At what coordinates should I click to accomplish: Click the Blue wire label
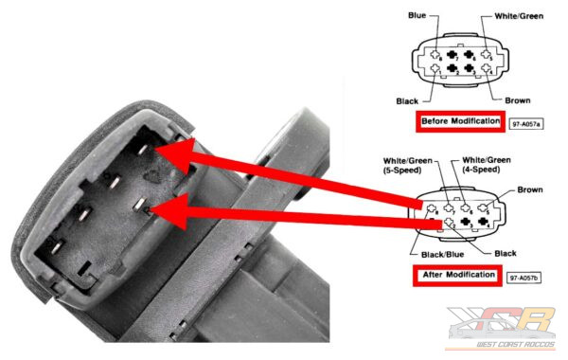[417, 15]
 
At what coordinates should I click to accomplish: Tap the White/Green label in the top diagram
[519, 16]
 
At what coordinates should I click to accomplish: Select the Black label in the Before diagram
[407, 101]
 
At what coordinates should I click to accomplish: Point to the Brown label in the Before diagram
[517, 100]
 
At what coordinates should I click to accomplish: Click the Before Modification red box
[460, 121]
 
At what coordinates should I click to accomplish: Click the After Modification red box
[457, 275]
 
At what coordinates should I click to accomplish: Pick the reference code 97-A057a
[526, 124]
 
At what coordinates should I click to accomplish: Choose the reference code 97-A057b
[524, 279]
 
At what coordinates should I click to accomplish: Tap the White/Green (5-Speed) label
[407, 165]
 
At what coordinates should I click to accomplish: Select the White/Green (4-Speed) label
[487, 165]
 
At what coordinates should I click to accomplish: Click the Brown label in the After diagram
[530, 189]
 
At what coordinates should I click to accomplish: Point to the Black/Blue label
[443, 255]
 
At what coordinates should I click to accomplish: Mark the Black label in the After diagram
[506, 253]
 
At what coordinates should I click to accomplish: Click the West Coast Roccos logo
[501, 328]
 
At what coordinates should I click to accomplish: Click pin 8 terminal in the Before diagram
[435, 55]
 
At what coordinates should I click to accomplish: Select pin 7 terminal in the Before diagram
[452, 55]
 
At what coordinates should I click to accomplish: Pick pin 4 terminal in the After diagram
[482, 221]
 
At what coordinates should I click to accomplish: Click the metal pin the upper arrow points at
[142, 150]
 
